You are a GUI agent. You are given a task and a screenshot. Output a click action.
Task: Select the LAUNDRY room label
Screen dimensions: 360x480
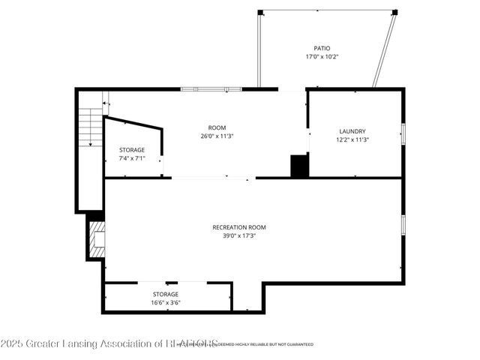point(352,131)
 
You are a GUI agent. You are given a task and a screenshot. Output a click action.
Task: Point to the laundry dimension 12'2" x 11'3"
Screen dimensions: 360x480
point(352,139)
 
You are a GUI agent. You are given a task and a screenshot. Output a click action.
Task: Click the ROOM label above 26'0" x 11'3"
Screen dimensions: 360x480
point(217,127)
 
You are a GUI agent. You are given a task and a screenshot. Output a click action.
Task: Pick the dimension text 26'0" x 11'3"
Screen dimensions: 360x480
point(217,136)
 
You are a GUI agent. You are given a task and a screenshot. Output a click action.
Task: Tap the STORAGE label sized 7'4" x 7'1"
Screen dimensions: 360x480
point(132,150)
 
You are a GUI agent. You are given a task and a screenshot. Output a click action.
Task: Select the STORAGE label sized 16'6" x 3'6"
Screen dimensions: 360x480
point(166,294)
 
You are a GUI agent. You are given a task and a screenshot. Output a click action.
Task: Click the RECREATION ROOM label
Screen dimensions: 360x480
point(239,227)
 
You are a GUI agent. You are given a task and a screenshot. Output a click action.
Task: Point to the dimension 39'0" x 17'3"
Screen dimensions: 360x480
point(239,235)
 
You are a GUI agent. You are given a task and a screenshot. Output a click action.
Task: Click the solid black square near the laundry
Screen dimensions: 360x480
point(299,166)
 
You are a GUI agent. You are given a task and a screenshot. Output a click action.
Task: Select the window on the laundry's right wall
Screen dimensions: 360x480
point(403,133)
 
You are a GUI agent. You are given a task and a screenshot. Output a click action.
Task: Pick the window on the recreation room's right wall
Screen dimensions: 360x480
point(403,224)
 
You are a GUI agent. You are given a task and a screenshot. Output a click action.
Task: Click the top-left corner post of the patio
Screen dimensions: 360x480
point(260,12)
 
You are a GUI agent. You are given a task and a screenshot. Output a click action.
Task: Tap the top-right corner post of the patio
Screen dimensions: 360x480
point(395,12)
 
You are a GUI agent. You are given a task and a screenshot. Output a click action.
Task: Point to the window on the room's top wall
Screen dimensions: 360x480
point(211,89)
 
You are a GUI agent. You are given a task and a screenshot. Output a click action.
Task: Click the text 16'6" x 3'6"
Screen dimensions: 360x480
point(166,303)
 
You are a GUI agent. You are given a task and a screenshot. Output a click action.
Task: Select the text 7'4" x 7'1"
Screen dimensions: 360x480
point(132,158)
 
